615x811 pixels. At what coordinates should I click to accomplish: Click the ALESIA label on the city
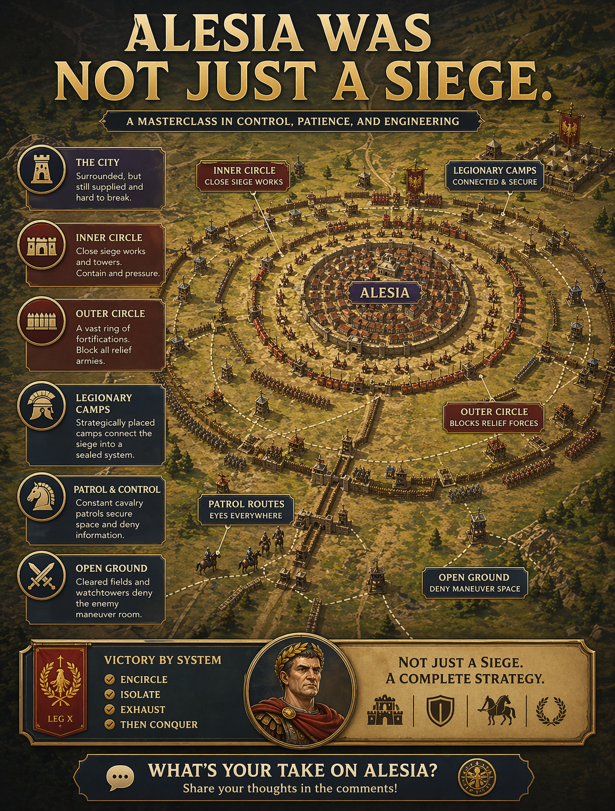tap(385, 293)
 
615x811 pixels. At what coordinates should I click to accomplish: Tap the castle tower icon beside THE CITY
tap(42, 170)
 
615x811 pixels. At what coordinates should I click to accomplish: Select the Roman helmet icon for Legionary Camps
tap(42, 405)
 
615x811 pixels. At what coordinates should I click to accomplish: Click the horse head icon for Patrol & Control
tap(42, 496)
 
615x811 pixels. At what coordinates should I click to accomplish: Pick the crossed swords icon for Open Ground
tap(42, 576)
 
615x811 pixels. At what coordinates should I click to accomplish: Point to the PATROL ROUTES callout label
tap(246, 509)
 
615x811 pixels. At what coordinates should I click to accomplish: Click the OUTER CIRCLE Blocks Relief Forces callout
tap(494, 417)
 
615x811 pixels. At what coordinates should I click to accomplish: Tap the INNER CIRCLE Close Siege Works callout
tap(244, 176)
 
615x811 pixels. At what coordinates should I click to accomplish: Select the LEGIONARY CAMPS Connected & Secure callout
tap(494, 176)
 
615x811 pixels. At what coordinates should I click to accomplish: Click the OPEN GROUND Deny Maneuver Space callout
tap(474, 582)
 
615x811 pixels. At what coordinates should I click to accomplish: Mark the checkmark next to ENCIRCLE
tap(110, 679)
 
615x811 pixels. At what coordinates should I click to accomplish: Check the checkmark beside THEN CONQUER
tap(110, 724)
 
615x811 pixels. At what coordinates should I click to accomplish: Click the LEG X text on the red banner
tap(60, 719)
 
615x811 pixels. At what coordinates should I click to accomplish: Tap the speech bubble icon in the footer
tap(120, 778)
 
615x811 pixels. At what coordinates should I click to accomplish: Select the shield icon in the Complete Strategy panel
tap(440, 710)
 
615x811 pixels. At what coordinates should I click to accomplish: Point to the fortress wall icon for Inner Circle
tap(42, 246)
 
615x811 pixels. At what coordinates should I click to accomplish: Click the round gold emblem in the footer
tap(476, 778)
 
